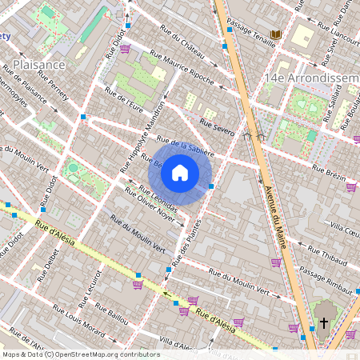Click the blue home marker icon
[x=180, y=173]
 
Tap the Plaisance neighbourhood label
[x=39, y=64]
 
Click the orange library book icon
[x=276, y=35]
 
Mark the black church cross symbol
[x=324, y=323]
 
